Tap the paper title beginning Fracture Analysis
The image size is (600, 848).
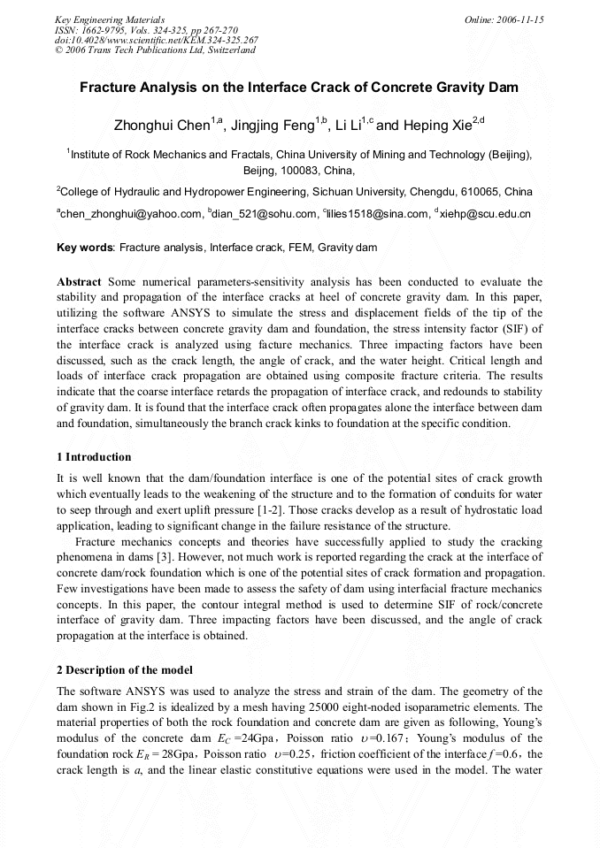(299, 88)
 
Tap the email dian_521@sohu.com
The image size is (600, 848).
(265, 214)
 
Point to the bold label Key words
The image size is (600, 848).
(85, 248)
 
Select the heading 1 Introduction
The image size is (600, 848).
(94, 457)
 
